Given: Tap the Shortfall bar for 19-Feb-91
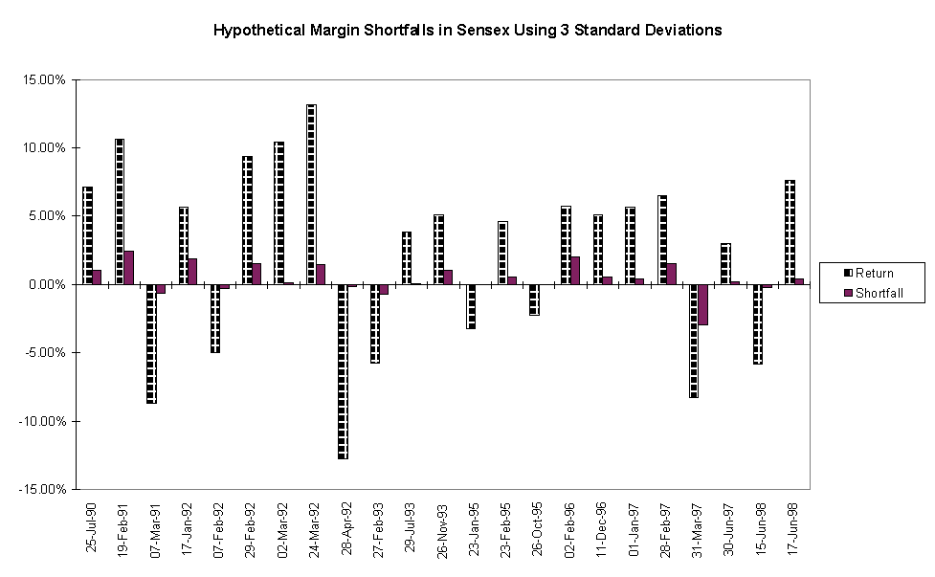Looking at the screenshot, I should pyautogui.click(x=128, y=268).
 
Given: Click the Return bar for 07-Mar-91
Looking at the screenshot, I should pyautogui.click(x=151, y=344).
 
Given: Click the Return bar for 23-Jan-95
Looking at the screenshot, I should pyautogui.click(x=470, y=306).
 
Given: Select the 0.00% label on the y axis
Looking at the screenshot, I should pyautogui.click(x=47, y=284).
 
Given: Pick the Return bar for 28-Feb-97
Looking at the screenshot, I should pyautogui.click(x=662, y=239).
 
